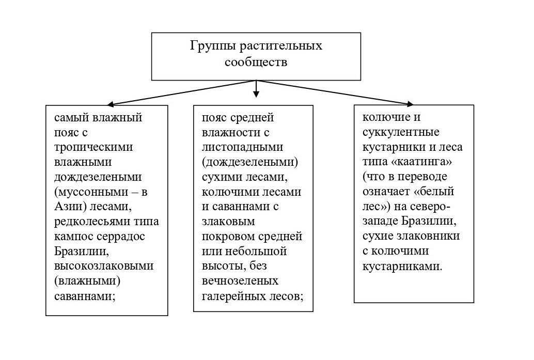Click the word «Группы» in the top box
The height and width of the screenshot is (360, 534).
point(211,46)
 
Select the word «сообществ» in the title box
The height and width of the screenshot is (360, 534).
point(256,62)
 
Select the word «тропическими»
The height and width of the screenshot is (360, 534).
point(93,147)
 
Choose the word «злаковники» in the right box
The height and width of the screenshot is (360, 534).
point(431,237)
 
